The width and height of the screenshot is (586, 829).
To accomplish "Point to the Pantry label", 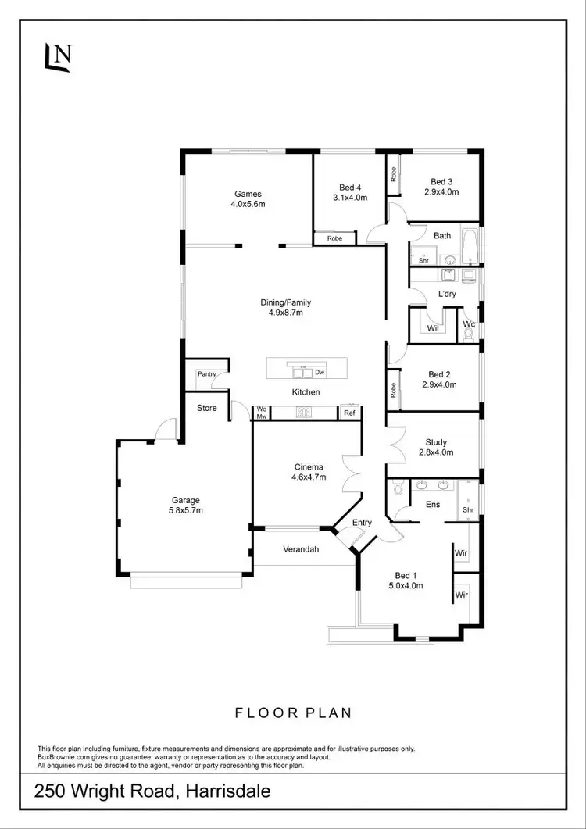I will [x=206, y=374].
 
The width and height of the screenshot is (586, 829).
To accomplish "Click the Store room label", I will [x=206, y=408].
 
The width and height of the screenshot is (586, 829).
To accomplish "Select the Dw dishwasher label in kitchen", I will [x=320, y=373].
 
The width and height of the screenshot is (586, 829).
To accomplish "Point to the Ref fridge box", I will [x=349, y=413].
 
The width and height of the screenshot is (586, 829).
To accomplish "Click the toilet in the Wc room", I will [x=469, y=334].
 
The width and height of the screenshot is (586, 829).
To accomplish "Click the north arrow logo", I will [x=59, y=55].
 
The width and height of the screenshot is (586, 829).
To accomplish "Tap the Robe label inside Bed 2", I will [x=393, y=390].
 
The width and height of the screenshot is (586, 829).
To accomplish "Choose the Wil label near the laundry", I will [x=432, y=328].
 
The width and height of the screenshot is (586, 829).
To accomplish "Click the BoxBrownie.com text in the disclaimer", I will [x=69, y=757].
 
